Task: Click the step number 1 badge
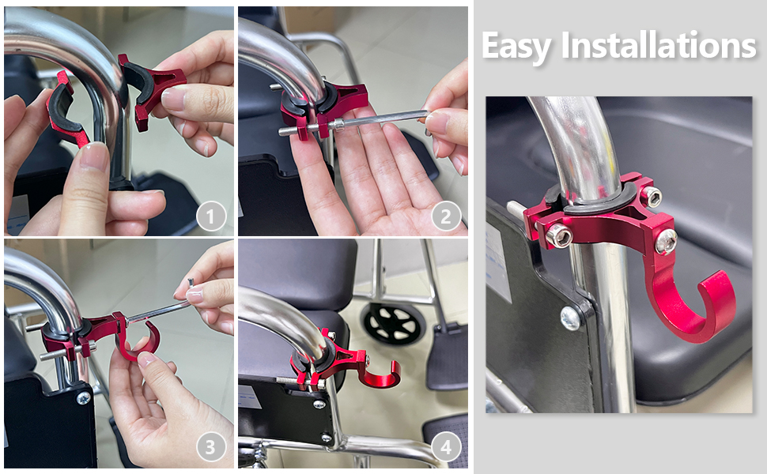(210, 216)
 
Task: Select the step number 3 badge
(210, 448)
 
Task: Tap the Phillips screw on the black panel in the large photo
(570, 318)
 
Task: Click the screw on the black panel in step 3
(83, 398)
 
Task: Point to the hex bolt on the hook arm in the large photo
(666, 241)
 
